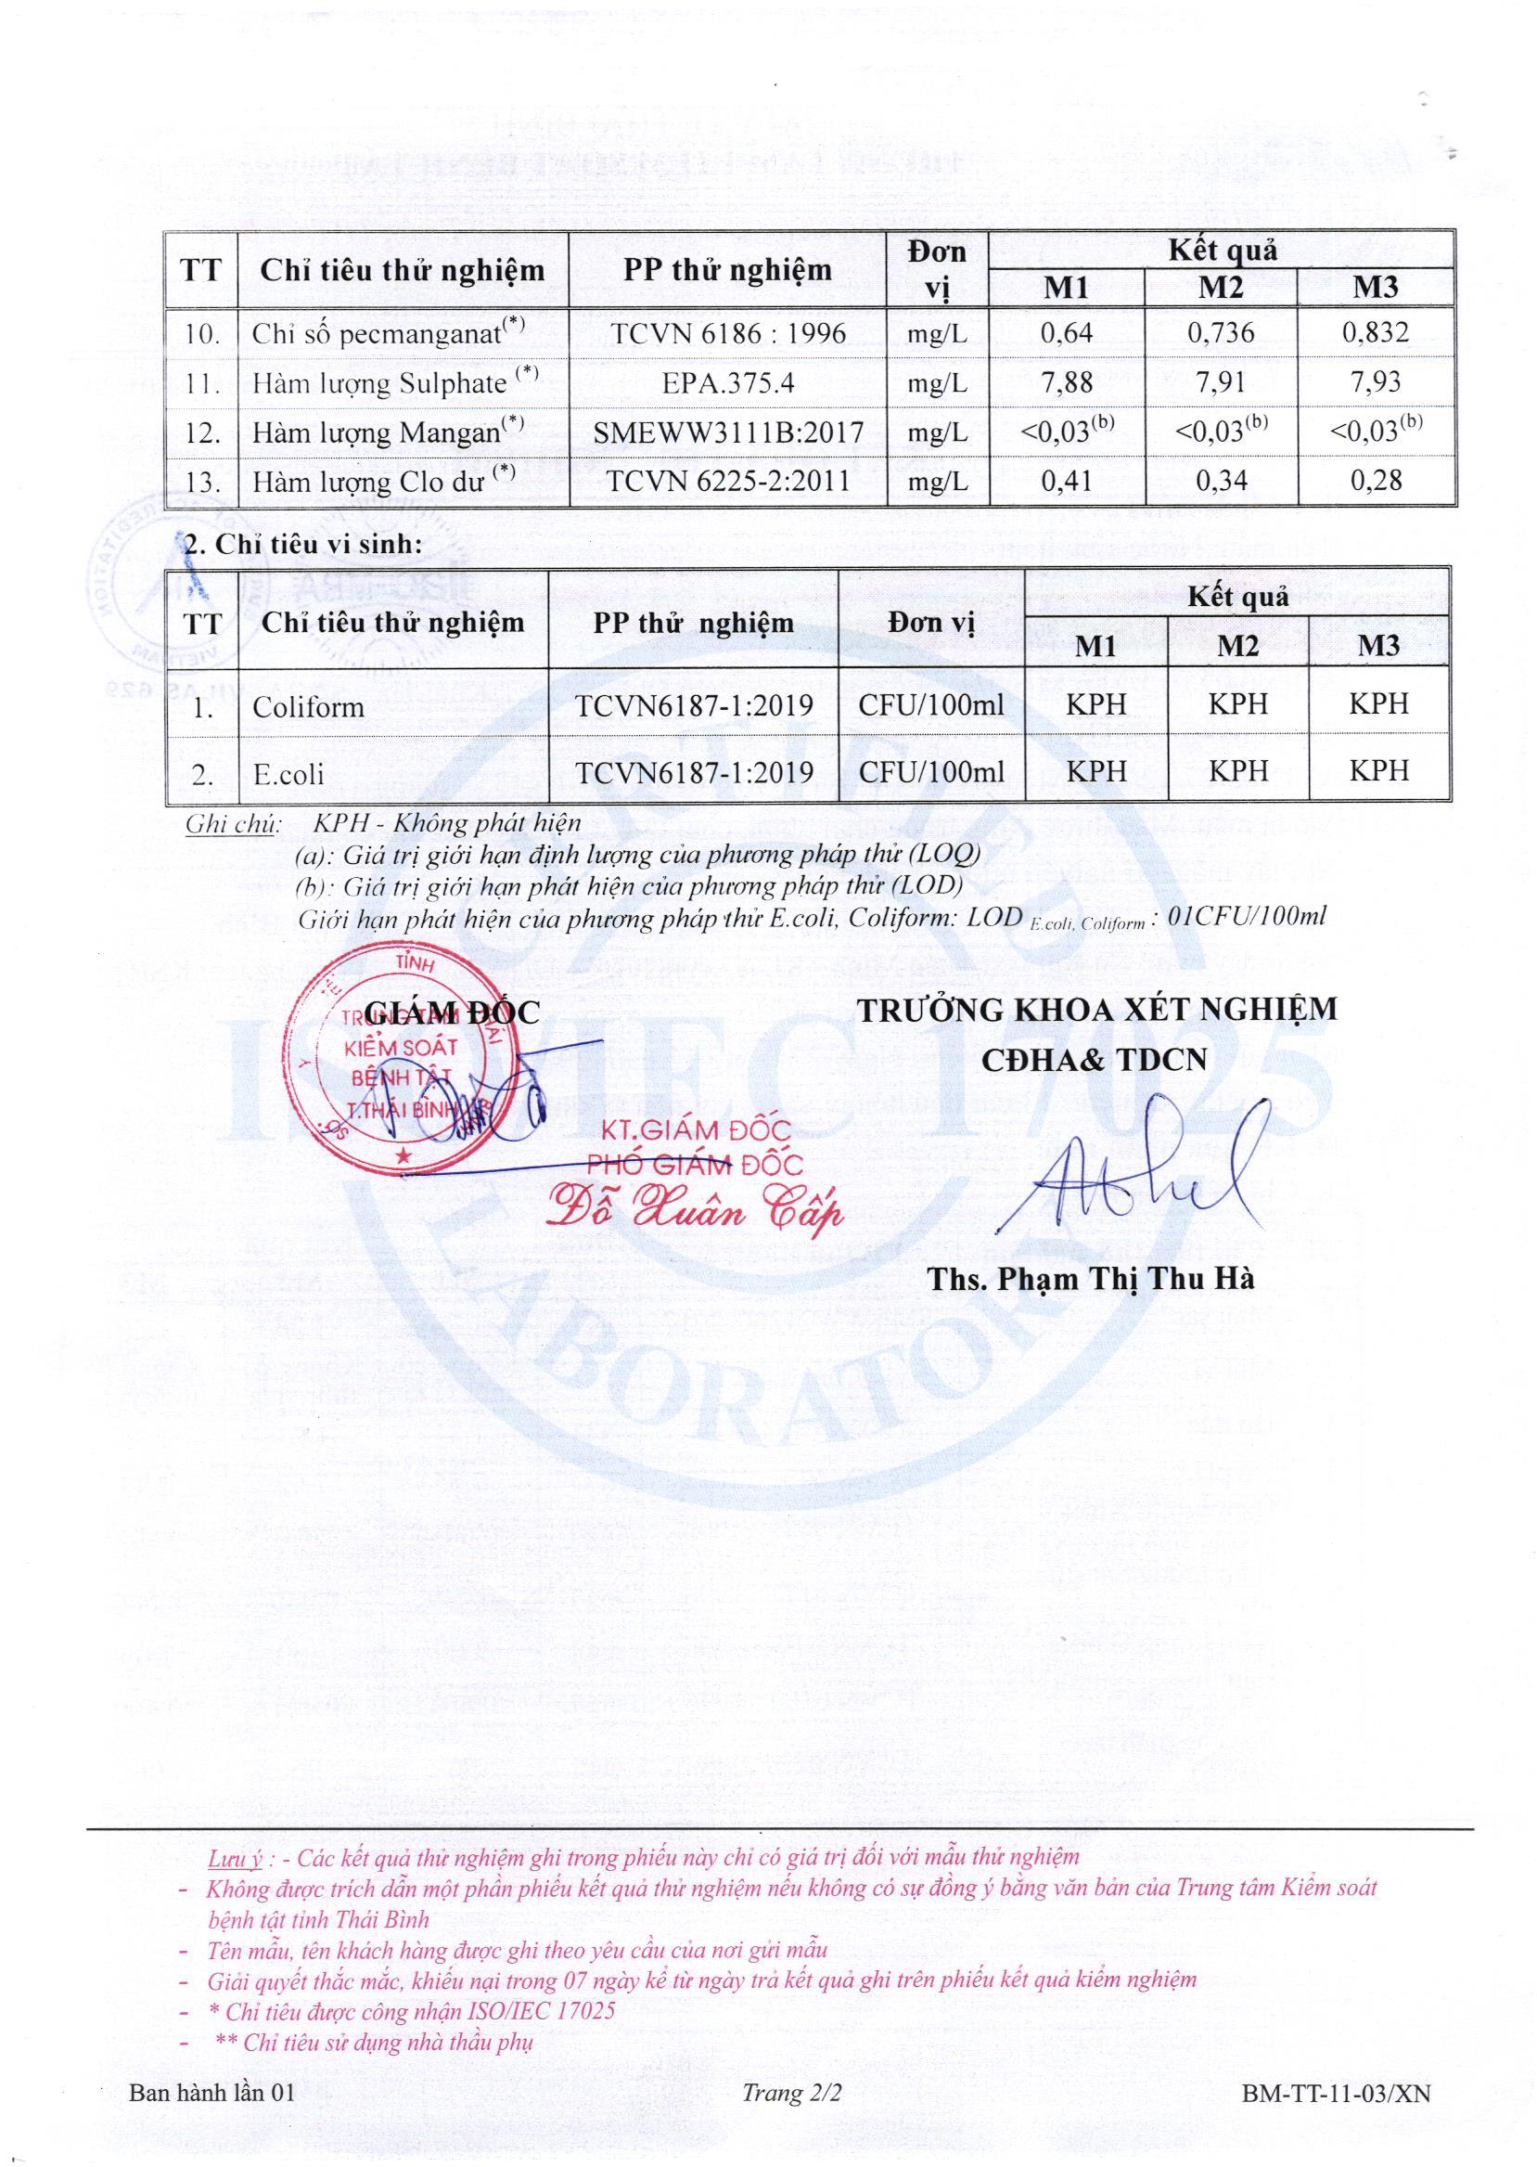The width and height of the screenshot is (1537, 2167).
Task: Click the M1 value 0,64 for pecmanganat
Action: click(x=1066, y=333)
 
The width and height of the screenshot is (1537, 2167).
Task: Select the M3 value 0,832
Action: click(x=1376, y=333)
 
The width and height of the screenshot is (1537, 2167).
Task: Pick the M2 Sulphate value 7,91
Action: click(x=1220, y=382)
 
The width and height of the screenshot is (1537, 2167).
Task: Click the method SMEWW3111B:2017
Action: click(x=728, y=432)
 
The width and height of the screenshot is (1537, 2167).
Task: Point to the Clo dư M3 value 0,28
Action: click(x=1376, y=481)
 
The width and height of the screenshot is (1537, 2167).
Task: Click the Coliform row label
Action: click(x=309, y=706)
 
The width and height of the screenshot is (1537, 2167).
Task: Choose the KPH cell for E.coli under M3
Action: click(x=1378, y=770)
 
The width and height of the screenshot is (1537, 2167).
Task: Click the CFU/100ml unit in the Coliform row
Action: click(x=931, y=704)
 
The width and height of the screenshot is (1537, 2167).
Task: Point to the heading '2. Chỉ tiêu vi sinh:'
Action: click(x=301, y=546)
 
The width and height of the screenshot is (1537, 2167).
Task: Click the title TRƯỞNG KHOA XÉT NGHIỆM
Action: click(x=1097, y=1009)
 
